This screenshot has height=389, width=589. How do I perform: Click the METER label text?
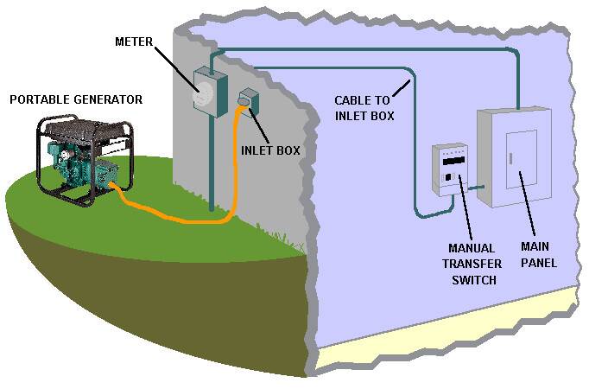(134, 41)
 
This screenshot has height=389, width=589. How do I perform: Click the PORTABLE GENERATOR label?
(76, 100)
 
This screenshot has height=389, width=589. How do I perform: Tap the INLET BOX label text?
(270, 150)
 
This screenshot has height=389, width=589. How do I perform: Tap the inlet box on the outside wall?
(248, 101)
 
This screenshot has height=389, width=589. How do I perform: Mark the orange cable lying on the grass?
(173, 212)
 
